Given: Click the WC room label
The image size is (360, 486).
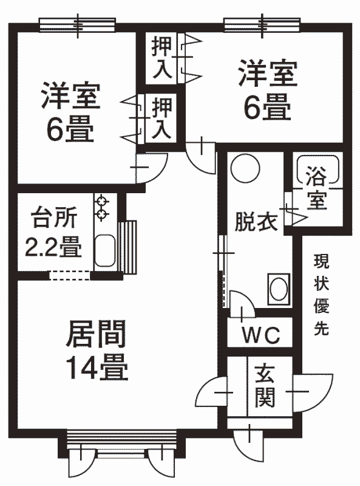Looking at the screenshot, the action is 261,335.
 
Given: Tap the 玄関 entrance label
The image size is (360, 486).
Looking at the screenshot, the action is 265,386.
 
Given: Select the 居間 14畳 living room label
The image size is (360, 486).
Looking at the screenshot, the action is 97,351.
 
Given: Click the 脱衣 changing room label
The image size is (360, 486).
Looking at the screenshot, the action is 256,221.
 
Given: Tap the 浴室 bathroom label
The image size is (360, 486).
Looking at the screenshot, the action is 317,188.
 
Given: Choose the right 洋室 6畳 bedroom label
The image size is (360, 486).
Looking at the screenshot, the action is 268,90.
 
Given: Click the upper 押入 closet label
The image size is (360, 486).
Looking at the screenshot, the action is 161,58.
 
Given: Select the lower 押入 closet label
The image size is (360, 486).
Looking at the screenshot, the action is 161,118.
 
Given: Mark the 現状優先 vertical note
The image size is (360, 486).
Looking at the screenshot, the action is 322,295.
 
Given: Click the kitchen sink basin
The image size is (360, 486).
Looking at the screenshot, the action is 104,250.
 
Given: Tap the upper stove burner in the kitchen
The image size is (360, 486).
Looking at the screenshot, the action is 101,201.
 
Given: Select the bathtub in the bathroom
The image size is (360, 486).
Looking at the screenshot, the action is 319,169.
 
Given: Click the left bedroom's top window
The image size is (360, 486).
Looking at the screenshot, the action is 78,25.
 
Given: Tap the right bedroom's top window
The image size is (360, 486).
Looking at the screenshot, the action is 262,25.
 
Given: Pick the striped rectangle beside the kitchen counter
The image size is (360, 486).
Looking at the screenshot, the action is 127,247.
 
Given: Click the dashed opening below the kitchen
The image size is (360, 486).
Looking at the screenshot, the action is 69,276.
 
